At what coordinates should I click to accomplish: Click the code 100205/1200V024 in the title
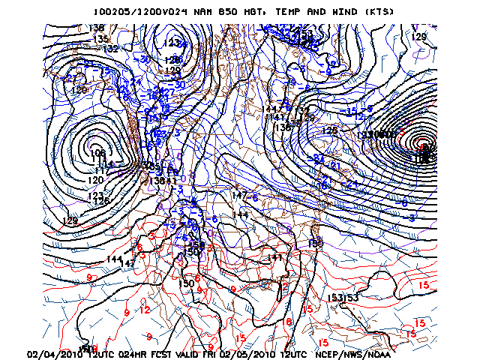pos(139,12)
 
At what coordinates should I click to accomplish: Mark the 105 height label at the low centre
pos(97,154)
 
